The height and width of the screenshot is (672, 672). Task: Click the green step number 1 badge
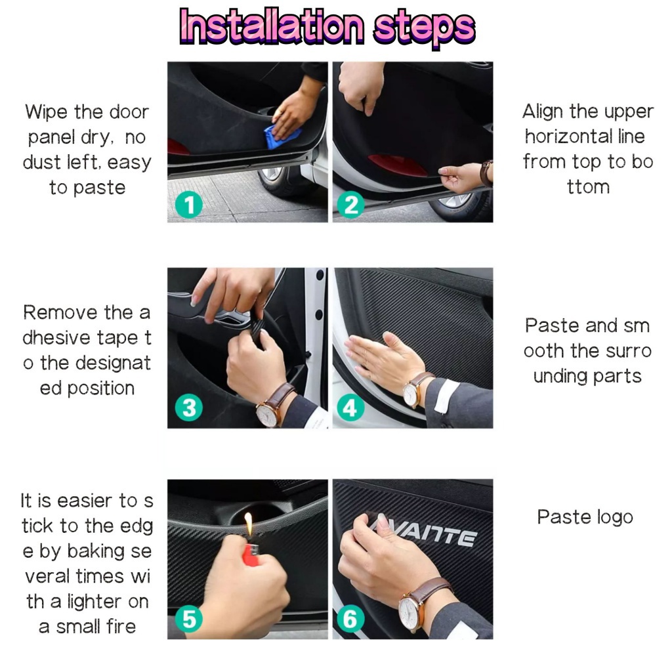pos(188,205)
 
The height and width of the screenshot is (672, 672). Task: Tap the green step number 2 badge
pos(350,205)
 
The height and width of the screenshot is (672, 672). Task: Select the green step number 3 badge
pos(188,408)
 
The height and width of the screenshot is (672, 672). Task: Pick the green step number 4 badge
pos(350,408)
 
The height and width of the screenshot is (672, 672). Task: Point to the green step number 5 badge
pos(188,619)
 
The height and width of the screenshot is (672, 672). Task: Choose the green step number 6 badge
pos(350,619)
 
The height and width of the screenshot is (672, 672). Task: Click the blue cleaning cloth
pos(281,136)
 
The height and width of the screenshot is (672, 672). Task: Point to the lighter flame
pos(249,523)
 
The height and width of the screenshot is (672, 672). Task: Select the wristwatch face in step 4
pos(411,393)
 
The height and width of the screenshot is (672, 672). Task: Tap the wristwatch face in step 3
pos(266,415)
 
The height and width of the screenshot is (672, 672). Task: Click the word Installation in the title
pos(272,26)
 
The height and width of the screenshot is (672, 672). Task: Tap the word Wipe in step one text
pos(47,112)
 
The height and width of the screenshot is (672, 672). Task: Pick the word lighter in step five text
pos(89,602)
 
